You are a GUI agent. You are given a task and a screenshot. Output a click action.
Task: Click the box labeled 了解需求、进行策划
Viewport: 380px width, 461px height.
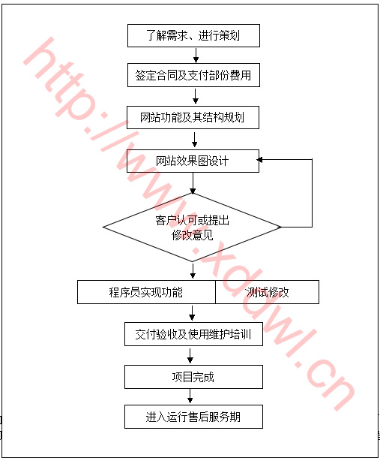click(x=193, y=35)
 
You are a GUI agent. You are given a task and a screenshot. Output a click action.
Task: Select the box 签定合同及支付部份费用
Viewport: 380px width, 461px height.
click(x=193, y=75)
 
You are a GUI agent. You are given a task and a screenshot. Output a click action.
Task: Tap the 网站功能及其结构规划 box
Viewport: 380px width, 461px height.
click(x=193, y=117)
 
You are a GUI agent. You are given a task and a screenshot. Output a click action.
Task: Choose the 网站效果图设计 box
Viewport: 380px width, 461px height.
click(x=193, y=161)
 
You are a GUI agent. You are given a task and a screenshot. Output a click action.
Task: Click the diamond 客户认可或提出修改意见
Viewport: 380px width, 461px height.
click(x=192, y=227)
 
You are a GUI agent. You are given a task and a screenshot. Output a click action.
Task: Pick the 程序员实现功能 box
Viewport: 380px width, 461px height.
click(x=146, y=292)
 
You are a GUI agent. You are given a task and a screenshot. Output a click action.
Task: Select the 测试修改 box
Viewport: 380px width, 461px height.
click(x=267, y=292)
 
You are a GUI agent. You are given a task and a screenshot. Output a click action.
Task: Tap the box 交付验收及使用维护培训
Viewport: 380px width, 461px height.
click(x=193, y=334)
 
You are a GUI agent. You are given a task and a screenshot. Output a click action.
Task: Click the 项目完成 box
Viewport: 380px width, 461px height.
click(x=193, y=377)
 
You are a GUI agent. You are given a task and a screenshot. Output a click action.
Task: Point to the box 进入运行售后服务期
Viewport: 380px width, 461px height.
click(x=193, y=417)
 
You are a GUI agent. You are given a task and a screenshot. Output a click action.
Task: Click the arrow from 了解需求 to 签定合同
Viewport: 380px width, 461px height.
click(x=196, y=56)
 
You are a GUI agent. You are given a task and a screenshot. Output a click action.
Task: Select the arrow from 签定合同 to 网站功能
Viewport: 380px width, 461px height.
click(x=196, y=96)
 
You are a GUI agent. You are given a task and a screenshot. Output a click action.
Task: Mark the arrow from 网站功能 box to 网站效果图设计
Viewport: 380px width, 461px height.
click(x=194, y=140)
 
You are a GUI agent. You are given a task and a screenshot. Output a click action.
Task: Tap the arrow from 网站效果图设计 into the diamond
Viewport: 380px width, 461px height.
click(x=193, y=183)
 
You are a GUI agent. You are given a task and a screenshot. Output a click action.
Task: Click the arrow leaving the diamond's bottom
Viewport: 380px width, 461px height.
click(x=193, y=271)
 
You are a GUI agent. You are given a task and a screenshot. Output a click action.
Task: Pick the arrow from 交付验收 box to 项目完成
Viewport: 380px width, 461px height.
click(x=190, y=356)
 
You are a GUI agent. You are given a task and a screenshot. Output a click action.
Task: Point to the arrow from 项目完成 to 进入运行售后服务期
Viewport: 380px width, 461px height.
click(x=190, y=396)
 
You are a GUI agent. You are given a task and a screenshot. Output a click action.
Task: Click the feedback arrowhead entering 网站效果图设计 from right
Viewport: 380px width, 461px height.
click(x=259, y=160)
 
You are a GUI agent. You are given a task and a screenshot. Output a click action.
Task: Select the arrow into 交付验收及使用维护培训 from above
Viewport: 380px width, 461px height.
click(x=192, y=313)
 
